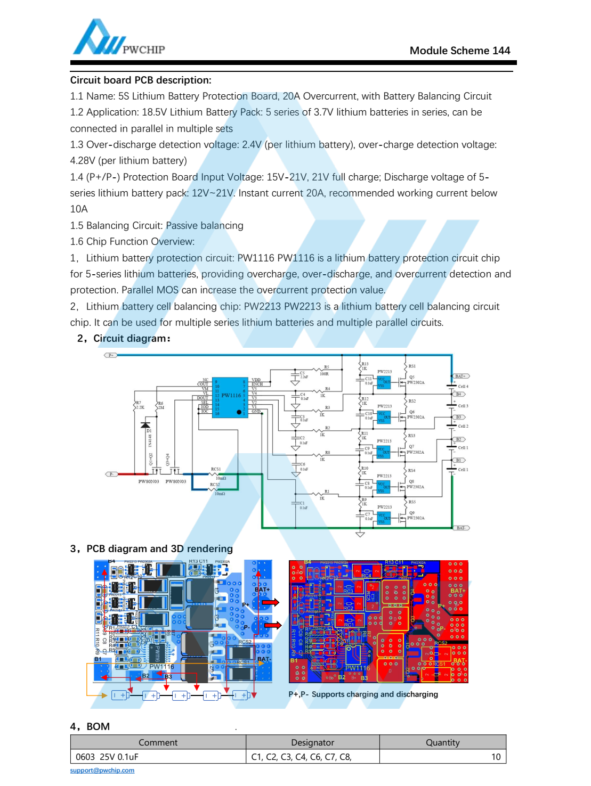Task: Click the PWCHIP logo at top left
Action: click(x=118, y=38)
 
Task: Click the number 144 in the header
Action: click(x=501, y=51)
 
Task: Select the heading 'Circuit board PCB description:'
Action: click(x=141, y=80)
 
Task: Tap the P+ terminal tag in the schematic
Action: click(x=110, y=355)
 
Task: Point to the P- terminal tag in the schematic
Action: click(x=111, y=474)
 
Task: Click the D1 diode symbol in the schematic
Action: click(x=145, y=425)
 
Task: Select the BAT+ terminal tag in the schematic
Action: click(x=460, y=376)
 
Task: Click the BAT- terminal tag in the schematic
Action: click(x=461, y=528)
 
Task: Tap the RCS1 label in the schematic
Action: click(x=216, y=470)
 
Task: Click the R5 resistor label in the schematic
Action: click(x=326, y=367)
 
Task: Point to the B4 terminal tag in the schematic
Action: click(x=459, y=395)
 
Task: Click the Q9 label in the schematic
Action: click(x=412, y=513)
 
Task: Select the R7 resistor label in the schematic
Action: click(x=139, y=403)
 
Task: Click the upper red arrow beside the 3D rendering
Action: click(x=271, y=602)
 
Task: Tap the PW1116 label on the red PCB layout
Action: click(x=358, y=668)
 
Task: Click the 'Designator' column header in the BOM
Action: click(x=313, y=742)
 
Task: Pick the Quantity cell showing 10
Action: click(x=496, y=757)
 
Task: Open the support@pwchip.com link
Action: click(x=102, y=771)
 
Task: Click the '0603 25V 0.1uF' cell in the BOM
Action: click(x=107, y=757)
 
